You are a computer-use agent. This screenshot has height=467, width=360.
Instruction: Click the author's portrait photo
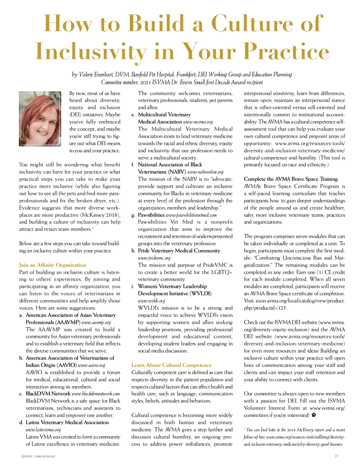pos(40,119)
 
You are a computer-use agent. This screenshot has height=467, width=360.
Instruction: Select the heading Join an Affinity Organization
pos(52,265)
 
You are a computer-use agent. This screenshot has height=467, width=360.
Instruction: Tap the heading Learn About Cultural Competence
pos(171,365)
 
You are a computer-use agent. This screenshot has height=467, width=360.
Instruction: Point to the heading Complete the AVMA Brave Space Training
pos(291,179)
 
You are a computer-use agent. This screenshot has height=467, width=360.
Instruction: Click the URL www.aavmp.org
pos(96,323)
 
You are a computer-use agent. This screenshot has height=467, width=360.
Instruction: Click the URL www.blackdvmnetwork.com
pos(96,394)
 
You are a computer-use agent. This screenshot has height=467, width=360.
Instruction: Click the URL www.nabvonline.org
pos(205,172)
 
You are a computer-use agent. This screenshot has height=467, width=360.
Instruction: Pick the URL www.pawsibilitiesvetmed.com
pos(191,215)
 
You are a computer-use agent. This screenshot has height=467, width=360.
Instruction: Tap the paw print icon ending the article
pos(314,415)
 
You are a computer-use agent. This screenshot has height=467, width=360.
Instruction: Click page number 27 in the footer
pos(336,456)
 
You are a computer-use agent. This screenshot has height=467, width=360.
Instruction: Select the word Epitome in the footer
pos(27,456)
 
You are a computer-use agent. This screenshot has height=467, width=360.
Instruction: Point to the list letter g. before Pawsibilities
pos(133,215)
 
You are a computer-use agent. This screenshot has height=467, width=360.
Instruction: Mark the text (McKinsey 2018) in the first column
pos(100,215)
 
